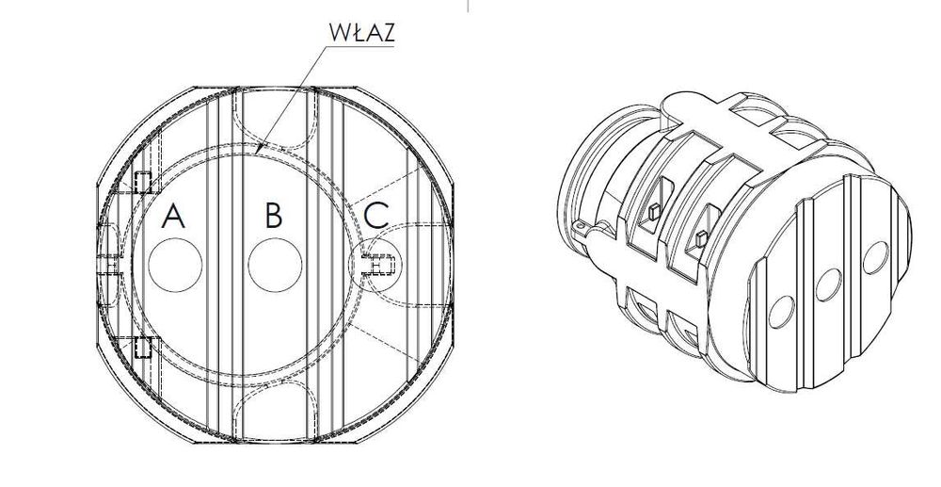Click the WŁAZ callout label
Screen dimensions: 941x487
click(362, 32)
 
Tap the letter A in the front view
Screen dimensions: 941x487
click(173, 216)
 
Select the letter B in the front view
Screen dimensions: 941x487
click(274, 216)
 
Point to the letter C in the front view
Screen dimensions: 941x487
click(376, 216)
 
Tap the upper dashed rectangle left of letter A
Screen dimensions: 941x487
click(142, 182)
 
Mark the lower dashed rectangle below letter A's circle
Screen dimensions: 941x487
click(142, 347)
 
